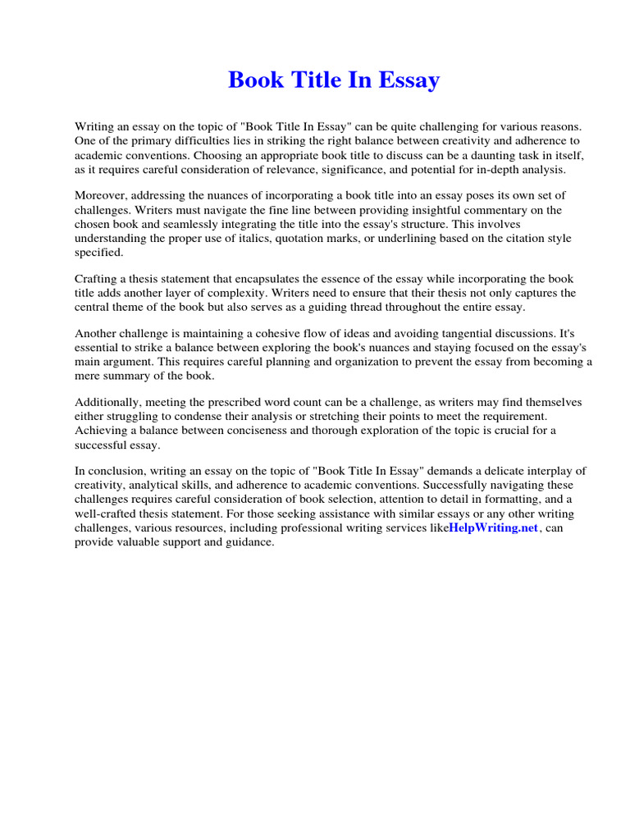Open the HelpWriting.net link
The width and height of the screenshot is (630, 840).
click(493, 528)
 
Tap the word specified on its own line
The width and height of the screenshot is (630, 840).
click(98, 253)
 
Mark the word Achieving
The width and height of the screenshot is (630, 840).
click(103, 431)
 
